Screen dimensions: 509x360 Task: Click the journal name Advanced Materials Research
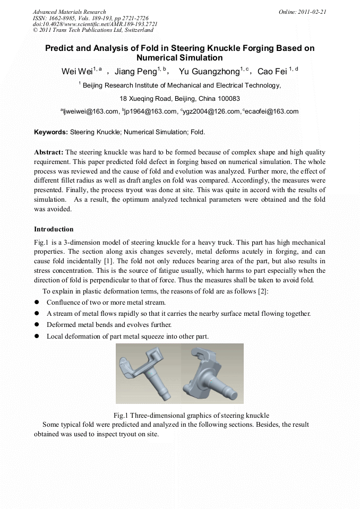(69, 12)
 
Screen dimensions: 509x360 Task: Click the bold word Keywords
(50, 132)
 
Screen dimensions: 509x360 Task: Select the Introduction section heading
(54, 229)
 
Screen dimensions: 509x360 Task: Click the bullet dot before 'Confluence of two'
(37, 303)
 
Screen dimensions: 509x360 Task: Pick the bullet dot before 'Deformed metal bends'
(37, 325)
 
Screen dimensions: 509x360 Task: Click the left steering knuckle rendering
(147, 374)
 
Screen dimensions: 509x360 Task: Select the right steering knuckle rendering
(213, 374)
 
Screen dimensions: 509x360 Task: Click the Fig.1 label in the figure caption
(121, 415)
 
